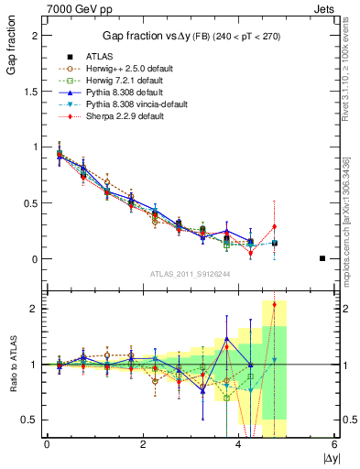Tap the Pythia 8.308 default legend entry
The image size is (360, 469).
click(x=115, y=93)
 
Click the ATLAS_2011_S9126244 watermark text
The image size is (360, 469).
click(x=189, y=272)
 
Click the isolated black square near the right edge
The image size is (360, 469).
click(x=322, y=258)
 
